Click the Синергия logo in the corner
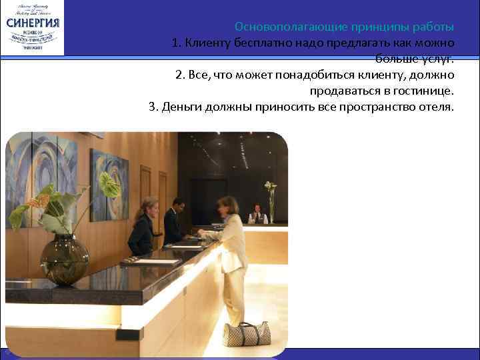pyautogui.click(x=33, y=27)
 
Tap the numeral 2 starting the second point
pyautogui.click(x=179, y=74)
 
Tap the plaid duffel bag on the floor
pyautogui.click(x=247, y=333)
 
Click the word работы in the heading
pyautogui.click(x=433, y=27)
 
